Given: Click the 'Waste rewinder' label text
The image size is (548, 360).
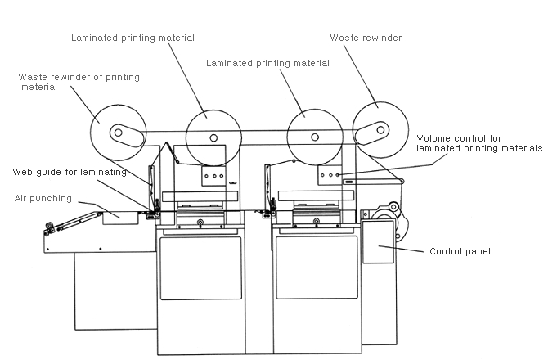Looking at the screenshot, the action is (366, 38).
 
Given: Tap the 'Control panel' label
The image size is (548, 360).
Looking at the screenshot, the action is (460, 251).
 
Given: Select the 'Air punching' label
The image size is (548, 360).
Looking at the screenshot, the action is (43, 198).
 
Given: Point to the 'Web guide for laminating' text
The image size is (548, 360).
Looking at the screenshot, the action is (70, 172).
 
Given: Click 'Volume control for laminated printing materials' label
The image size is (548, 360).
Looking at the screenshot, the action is (479, 143).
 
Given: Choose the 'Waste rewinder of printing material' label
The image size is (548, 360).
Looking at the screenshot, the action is (79, 82).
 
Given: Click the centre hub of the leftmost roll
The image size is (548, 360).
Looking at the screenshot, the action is (118, 133).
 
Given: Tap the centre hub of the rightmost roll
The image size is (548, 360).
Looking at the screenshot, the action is (380, 130).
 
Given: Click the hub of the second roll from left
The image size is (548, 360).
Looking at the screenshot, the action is (213, 137).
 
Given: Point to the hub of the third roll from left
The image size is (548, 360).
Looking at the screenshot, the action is (315, 137).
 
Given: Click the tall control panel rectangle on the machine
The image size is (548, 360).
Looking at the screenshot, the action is (378, 242).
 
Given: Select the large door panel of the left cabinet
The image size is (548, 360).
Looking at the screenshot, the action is (200, 268).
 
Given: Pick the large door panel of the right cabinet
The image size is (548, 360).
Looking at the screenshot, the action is (317, 268).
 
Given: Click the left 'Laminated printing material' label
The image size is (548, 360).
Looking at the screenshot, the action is (133, 38).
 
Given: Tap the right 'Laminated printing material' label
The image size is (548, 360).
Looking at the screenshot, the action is (267, 63).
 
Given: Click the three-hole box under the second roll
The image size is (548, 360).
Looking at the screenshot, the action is (213, 176).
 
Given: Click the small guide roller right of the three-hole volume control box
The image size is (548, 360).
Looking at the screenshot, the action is (402, 181).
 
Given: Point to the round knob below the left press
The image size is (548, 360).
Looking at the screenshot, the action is (200, 222).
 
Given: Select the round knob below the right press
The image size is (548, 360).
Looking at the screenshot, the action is (317, 221).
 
